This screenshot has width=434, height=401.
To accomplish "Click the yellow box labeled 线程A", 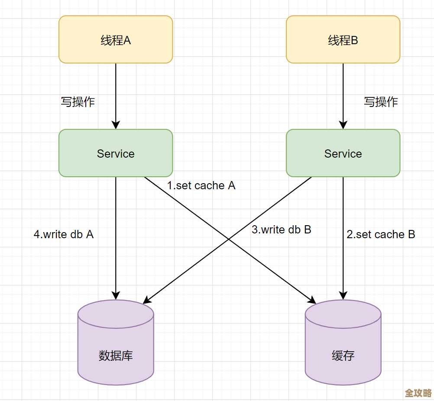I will tap(116, 40).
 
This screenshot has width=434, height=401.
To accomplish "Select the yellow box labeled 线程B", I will tap(343, 40).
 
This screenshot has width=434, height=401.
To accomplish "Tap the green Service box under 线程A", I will tap(116, 153).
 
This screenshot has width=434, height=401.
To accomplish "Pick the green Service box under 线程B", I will tap(343, 153).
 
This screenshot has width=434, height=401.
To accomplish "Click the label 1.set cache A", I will tap(201, 186).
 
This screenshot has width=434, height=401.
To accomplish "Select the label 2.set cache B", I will tap(381, 235).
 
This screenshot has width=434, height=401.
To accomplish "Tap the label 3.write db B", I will tap(282, 230).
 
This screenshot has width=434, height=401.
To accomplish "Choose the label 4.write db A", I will tap(64, 235).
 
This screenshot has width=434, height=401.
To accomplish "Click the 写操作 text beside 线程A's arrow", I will tap(78, 102).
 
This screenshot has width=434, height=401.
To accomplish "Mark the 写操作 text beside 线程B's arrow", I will tap(381, 102).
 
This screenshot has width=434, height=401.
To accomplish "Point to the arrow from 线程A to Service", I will tap(116, 95).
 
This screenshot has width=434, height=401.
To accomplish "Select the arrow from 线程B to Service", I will tap(343, 95).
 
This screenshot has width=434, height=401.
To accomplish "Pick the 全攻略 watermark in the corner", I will tap(418, 393).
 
